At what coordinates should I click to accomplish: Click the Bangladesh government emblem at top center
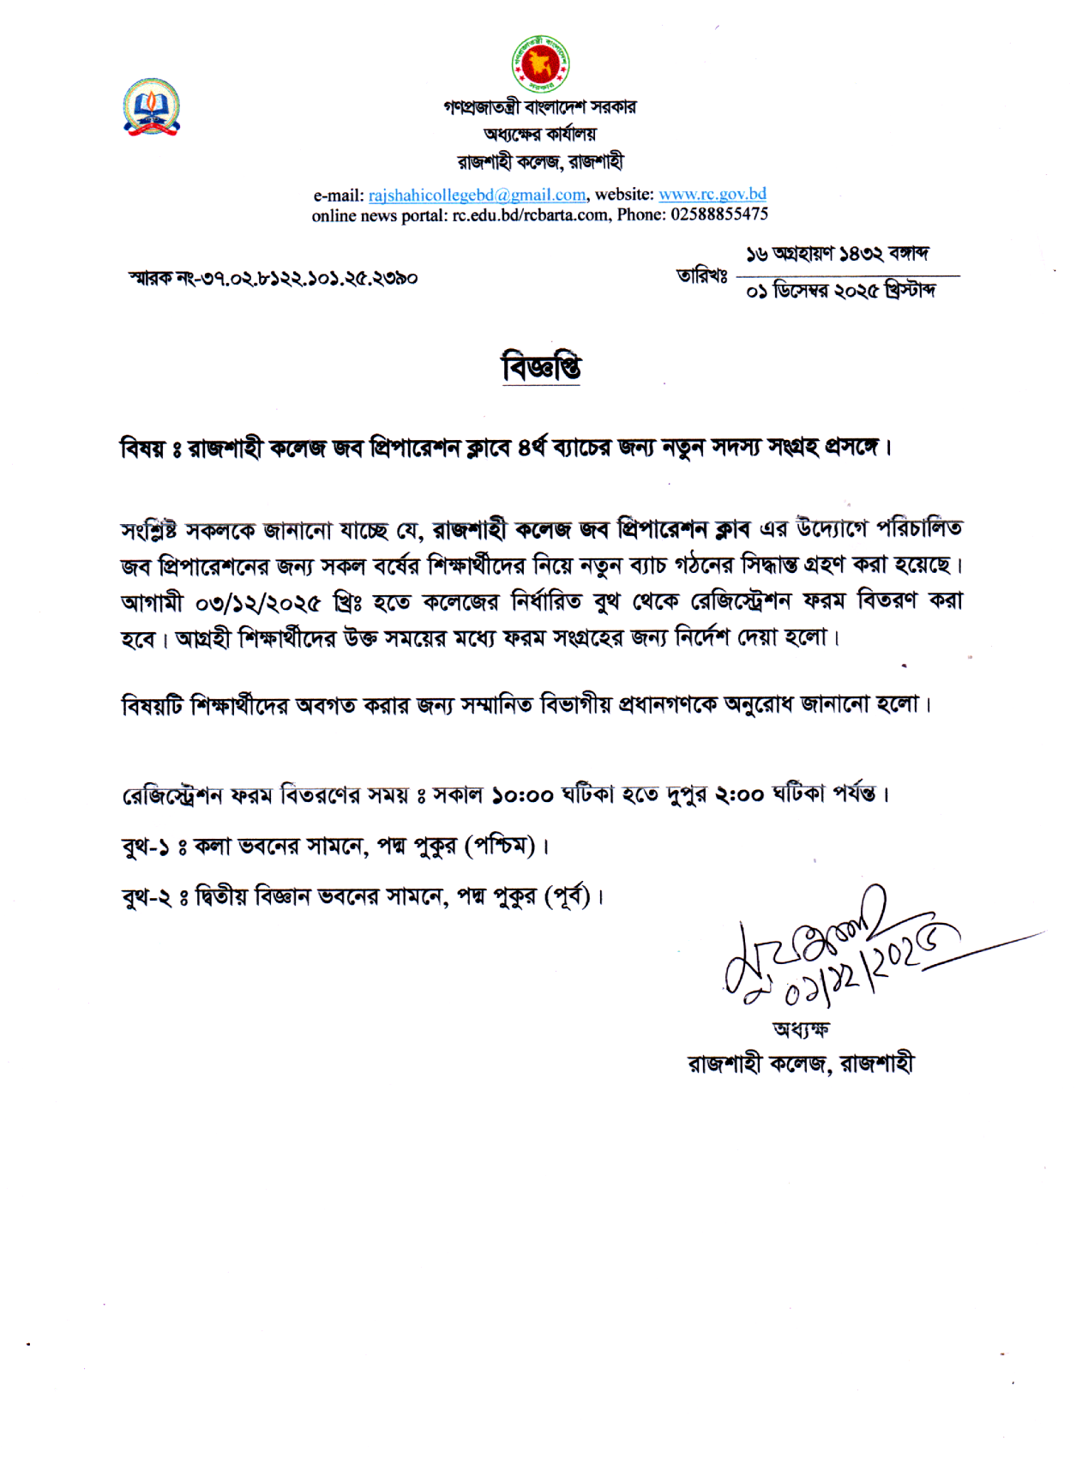[x=540, y=63]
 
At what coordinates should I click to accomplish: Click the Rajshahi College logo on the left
[x=152, y=107]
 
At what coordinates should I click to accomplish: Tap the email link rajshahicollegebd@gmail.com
[x=477, y=195]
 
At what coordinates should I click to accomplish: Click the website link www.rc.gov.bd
[x=712, y=194]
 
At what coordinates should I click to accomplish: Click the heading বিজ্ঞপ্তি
[x=541, y=367]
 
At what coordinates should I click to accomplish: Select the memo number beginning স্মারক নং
[x=273, y=278]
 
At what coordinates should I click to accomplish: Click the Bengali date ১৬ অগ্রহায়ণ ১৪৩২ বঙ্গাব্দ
[x=837, y=254]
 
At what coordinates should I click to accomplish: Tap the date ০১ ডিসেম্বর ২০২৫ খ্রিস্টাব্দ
[x=840, y=292]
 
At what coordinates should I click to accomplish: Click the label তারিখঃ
[x=701, y=276]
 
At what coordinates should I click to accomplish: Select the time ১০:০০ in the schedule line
[x=522, y=796]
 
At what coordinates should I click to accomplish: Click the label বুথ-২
[x=146, y=897]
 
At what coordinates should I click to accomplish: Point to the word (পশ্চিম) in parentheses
[x=500, y=847]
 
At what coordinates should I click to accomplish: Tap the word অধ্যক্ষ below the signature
[x=801, y=1029]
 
